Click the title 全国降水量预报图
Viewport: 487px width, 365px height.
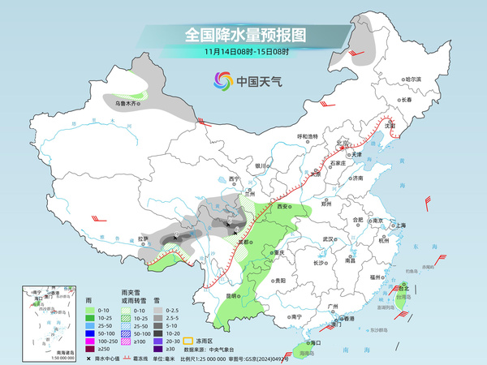point(243,35)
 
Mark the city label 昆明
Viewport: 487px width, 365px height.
point(233,295)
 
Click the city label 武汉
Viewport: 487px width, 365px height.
point(328,239)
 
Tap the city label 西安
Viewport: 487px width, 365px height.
point(283,208)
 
